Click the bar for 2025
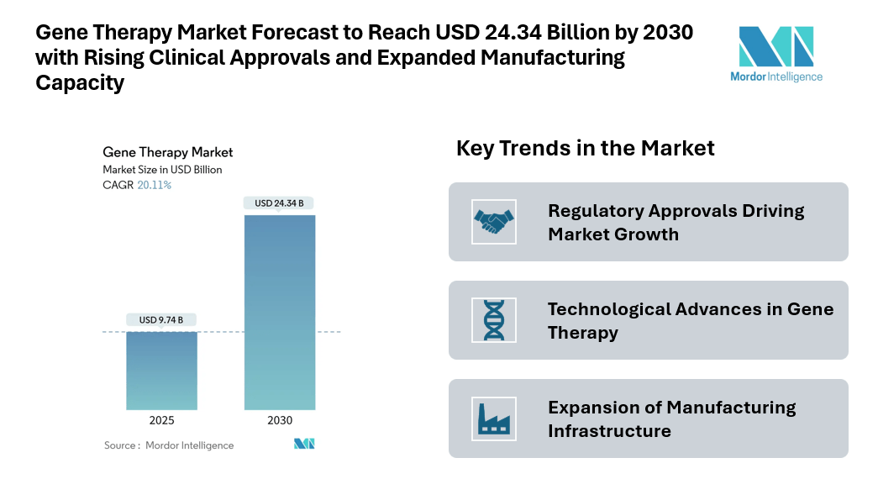[162, 371]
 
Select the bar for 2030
[280, 312]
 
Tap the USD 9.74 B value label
[161, 319]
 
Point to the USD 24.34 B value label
[279, 203]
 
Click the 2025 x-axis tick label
[161, 420]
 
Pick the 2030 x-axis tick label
[279, 420]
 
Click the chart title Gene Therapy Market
[168, 152]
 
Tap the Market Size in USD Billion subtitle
[162, 170]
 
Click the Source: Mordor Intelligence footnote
[169, 445]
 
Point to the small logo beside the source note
[303, 444]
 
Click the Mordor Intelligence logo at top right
[775, 54]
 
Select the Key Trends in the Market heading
[585, 149]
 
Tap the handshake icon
[493, 222]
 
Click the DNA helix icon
[493, 320]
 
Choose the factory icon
[493, 418]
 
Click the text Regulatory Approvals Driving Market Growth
[676, 222]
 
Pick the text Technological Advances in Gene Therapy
[690, 320]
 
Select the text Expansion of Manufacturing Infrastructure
[671, 418]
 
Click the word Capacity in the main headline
[80, 83]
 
